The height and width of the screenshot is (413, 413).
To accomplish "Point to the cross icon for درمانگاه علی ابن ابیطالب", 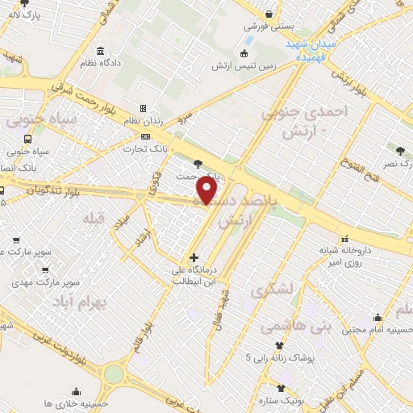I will click(x=194, y=257).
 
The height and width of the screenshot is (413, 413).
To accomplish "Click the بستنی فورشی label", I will click(x=268, y=27).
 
